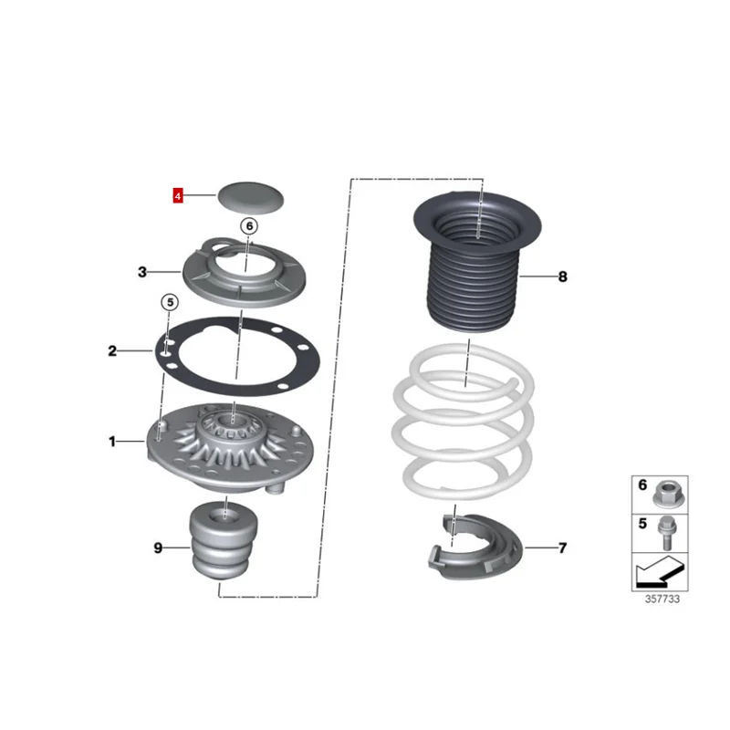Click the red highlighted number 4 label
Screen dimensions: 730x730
[179, 195]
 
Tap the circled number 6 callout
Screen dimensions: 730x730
[250, 224]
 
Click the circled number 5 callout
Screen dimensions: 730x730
[170, 302]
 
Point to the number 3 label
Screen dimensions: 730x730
[142, 271]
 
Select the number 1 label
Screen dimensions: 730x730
[113, 443]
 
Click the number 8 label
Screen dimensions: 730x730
[562, 276]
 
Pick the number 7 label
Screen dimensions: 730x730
[562, 547]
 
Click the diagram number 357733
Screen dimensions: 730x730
[661, 600]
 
